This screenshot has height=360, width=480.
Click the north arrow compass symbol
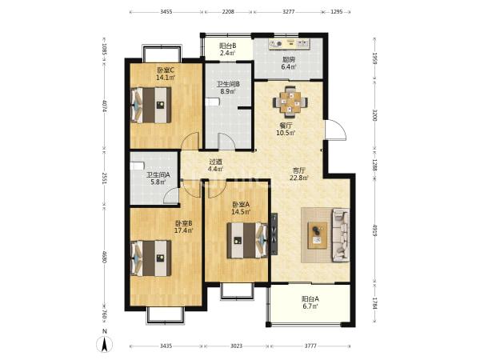(x=104, y=343)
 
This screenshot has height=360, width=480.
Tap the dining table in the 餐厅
(x=290, y=102)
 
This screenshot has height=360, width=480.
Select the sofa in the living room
(x=341, y=234)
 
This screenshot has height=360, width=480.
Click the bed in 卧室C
(x=151, y=106)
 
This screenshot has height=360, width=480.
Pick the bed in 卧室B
(x=151, y=258)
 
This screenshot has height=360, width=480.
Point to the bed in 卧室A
(x=247, y=241)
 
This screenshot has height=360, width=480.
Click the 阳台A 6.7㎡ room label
(x=310, y=302)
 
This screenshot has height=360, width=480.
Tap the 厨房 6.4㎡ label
(x=288, y=63)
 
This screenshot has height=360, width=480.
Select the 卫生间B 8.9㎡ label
(x=228, y=87)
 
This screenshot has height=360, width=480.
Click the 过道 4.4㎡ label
(x=215, y=166)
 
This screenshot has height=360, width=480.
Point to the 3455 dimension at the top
(x=166, y=12)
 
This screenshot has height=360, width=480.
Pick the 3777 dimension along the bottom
(x=310, y=346)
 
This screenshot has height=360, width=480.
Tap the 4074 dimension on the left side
(x=105, y=106)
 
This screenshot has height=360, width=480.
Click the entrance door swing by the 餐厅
(x=335, y=130)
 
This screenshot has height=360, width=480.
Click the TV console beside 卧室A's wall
(x=274, y=234)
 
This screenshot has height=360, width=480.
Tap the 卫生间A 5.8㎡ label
(x=158, y=178)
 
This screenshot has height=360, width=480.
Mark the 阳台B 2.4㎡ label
(x=227, y=50)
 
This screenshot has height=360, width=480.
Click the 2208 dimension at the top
(x=228, y=12)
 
